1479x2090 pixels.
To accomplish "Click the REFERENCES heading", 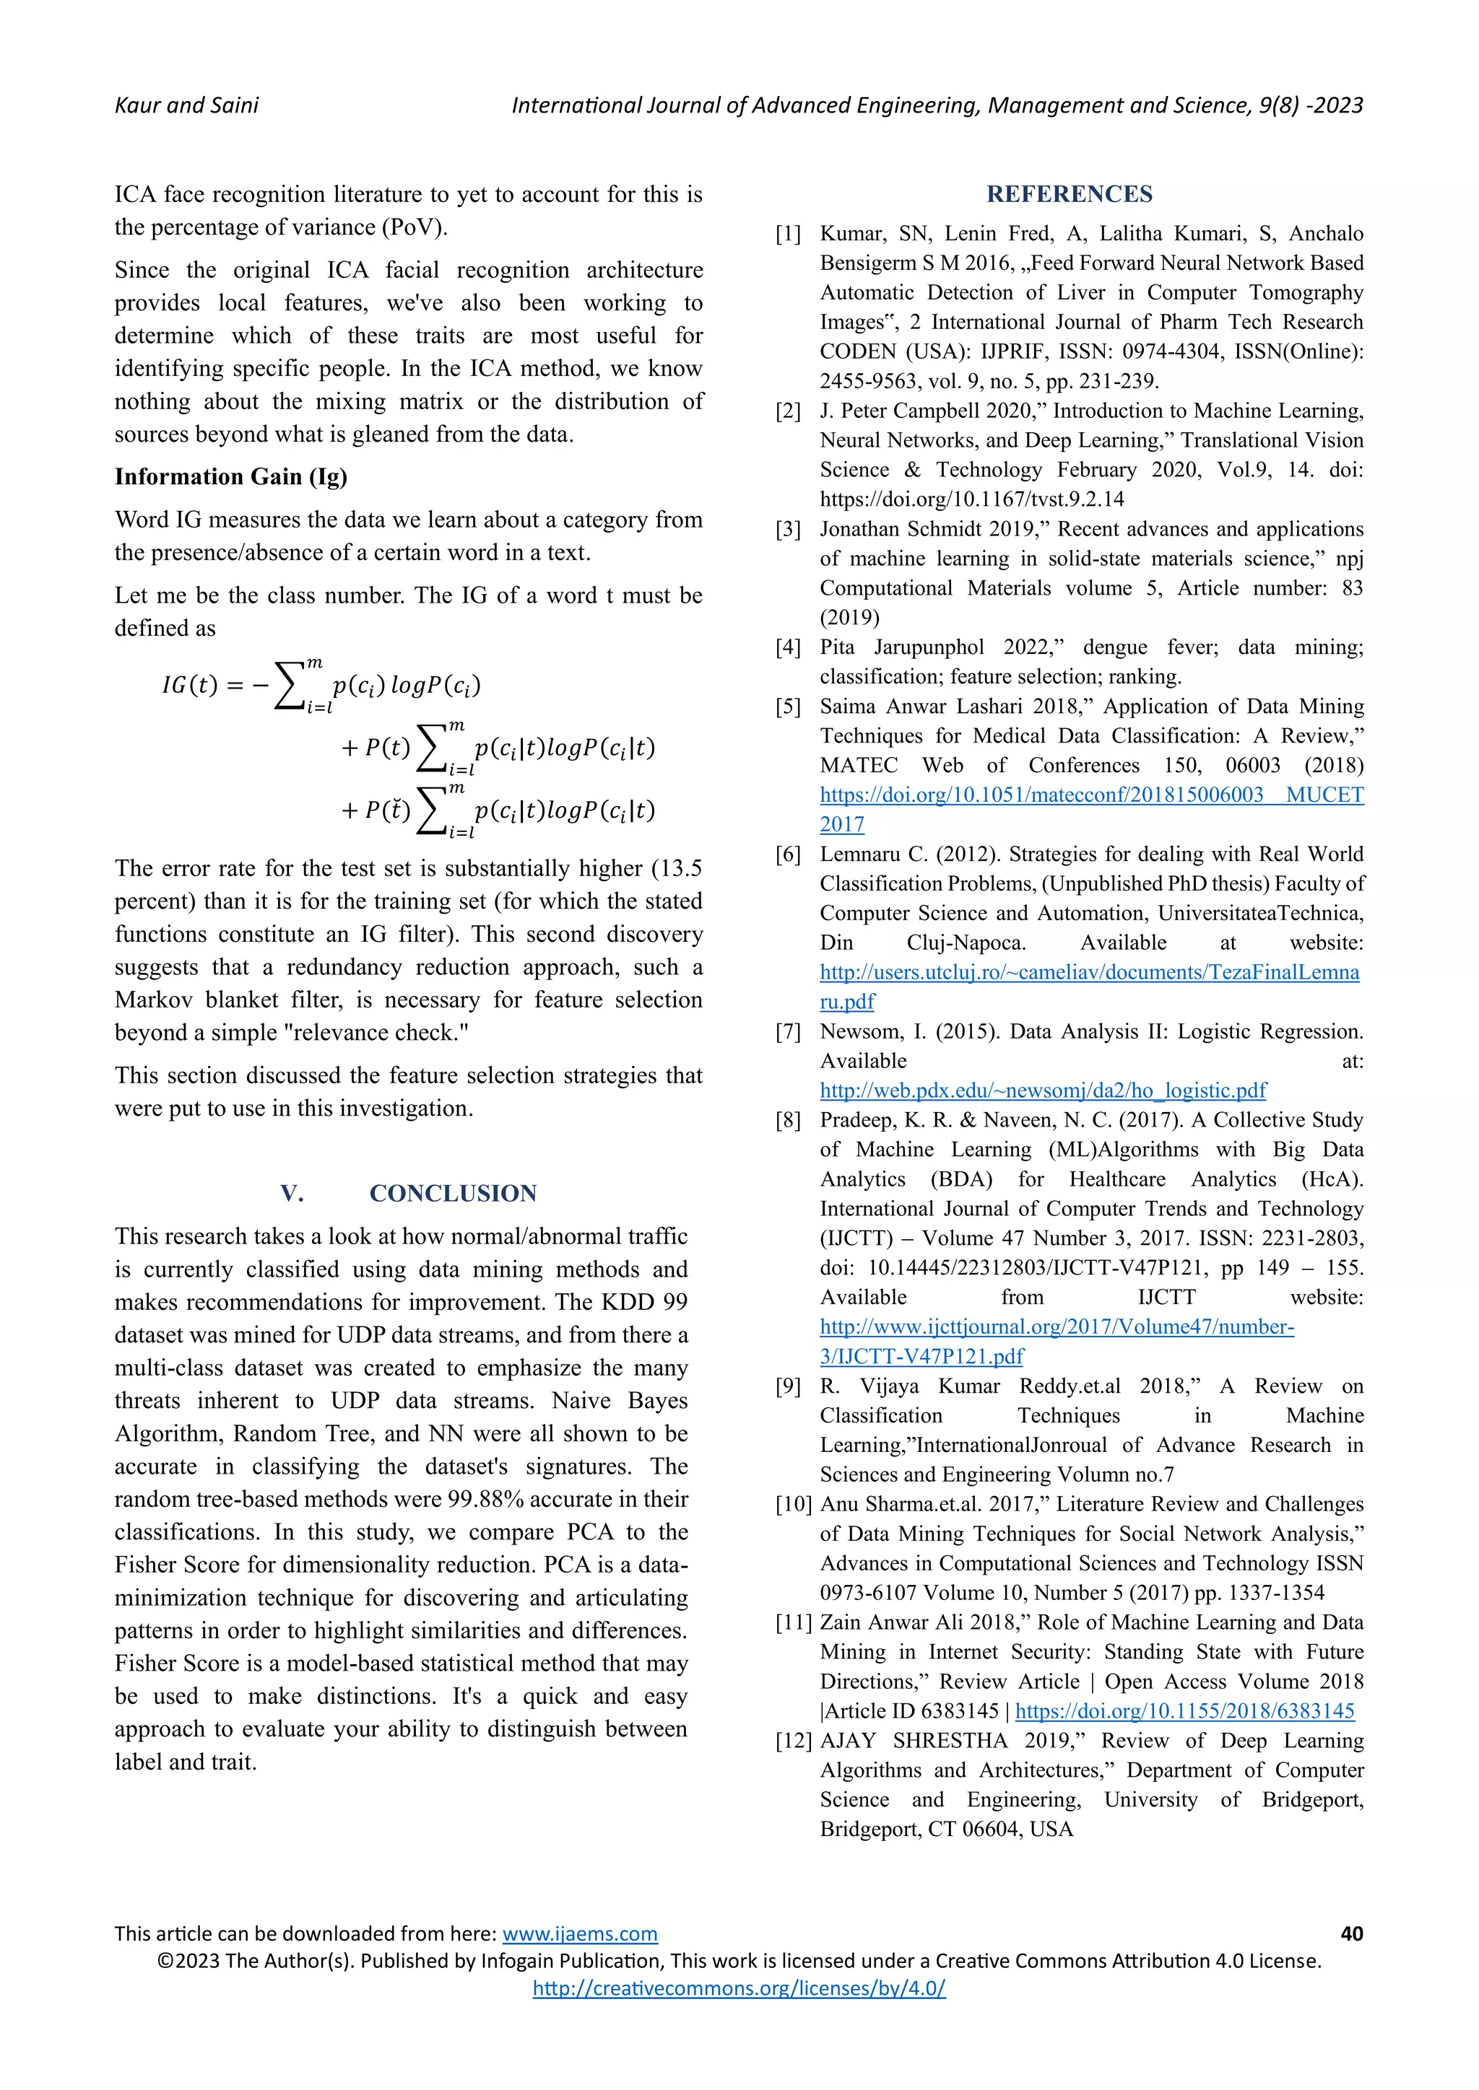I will coord(1070,194).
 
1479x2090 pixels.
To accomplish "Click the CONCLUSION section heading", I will coord(453,1194).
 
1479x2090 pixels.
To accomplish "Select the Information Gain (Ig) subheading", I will coord(230,477).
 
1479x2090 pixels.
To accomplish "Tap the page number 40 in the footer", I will coord(1351,1933).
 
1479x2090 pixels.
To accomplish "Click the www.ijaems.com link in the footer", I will coord(579,1933).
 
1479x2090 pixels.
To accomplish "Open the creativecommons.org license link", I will coord(739,1988).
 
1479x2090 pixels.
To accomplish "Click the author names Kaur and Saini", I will coord(187,105).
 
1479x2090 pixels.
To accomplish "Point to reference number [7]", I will coord(788,1031).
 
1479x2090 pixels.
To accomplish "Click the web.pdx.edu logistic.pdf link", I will coord(1043,1090).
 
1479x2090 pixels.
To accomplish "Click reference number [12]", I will coord(793,1741).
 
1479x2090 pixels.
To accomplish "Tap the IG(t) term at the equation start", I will coord(189,685).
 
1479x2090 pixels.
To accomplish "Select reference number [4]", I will coord(788,647).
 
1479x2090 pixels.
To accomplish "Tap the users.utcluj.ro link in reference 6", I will coord(1089,972).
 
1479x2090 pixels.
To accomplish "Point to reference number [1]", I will coord(788,234).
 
